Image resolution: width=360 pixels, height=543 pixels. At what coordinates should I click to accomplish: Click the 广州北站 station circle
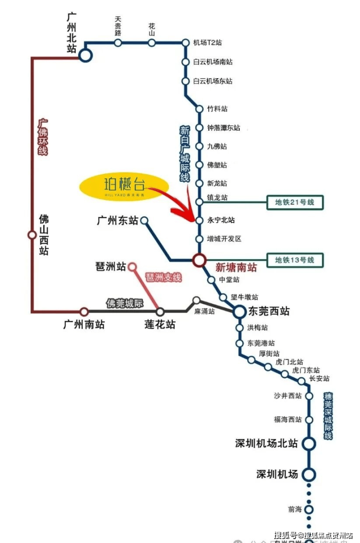(86, 56)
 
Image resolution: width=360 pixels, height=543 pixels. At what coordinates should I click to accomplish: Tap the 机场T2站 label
(207, 43)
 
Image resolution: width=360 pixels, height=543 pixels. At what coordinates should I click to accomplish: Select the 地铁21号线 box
(295, 202)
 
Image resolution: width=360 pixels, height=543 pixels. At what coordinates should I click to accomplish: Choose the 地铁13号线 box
(295, 260)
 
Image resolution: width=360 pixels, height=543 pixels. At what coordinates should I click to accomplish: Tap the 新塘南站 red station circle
(198, 260)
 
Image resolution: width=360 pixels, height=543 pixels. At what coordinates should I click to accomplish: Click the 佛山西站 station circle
(32, 235)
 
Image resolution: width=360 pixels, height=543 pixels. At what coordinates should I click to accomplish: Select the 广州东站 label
(117, 221)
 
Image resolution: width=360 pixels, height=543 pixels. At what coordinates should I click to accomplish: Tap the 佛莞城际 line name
(125, 304)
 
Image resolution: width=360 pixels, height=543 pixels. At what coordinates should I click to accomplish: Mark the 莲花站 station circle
(160, 311)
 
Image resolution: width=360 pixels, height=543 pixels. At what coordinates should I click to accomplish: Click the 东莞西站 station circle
(239, 311)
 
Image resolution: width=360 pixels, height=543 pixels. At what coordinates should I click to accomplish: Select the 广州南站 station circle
(84, 311)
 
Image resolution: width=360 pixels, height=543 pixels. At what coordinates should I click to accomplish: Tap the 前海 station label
(295, 509)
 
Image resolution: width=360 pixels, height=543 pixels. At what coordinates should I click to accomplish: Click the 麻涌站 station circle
(197, 300)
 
